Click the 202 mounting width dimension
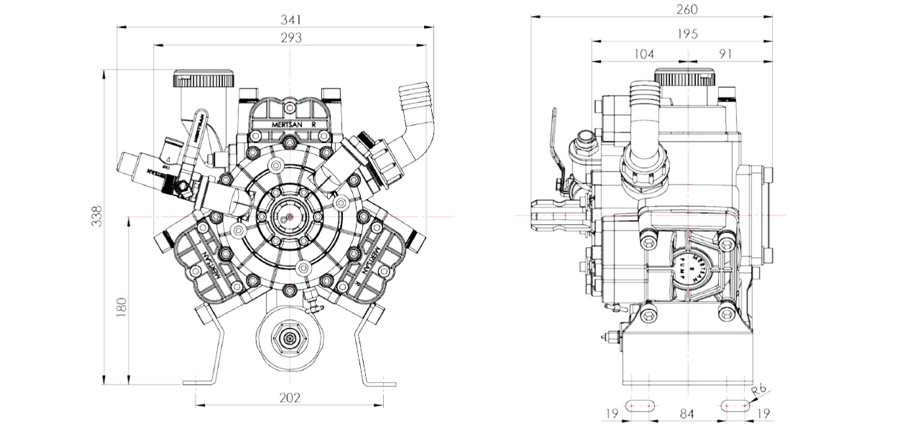pyautogui.click(x=290, y=397)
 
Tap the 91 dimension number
pyautogui.click(x=724, y=54)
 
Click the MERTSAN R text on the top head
pyautogui.click(x=290, y=124)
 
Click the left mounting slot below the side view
pyautogui.click(x=639, y=405)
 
